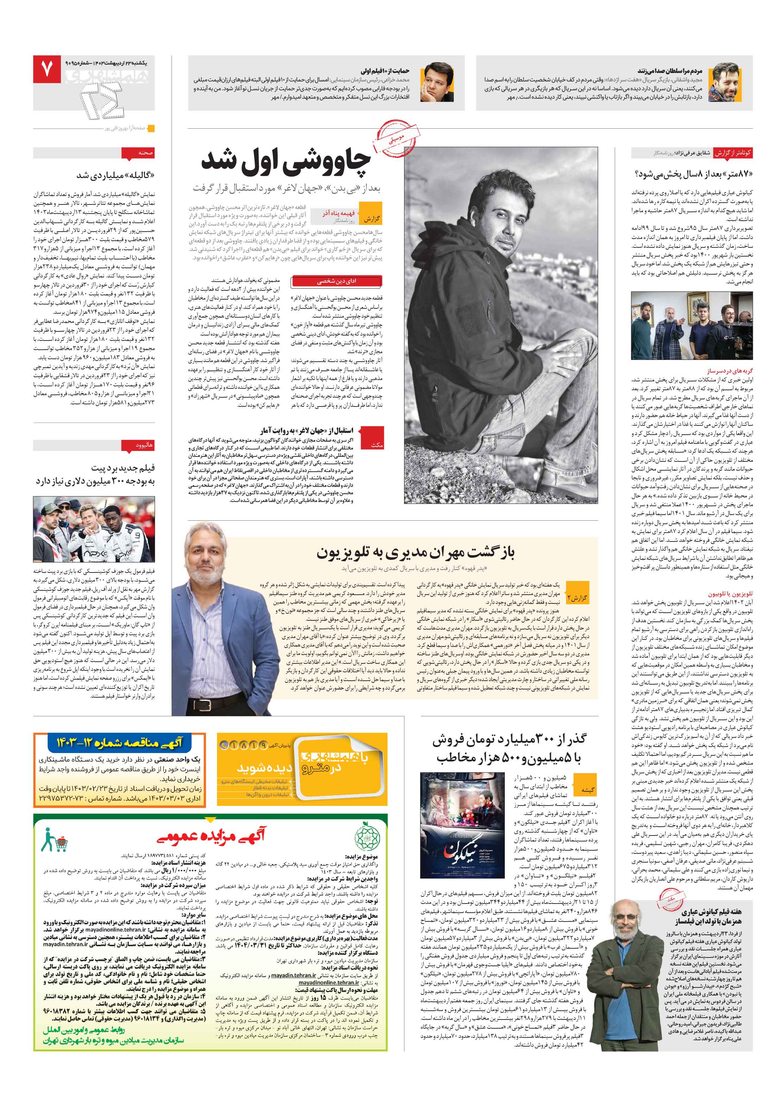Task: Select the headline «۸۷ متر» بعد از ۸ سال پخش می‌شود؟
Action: (x=694, y=174)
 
